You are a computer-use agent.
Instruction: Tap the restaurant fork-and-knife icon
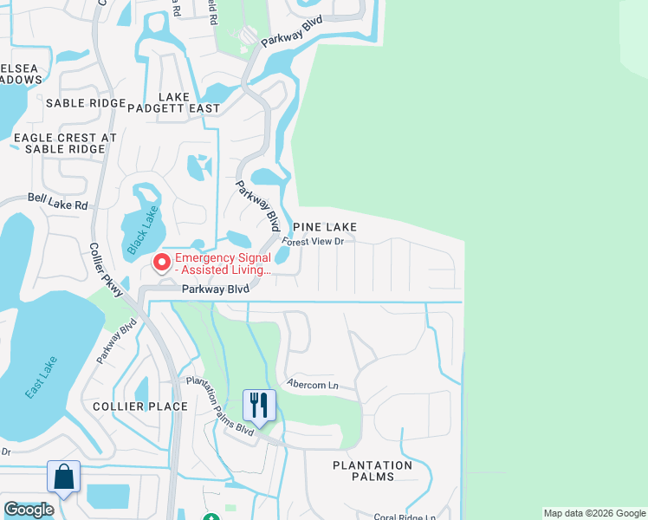(x=258, y=405)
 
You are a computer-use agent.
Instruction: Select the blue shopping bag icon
(x=63, y=477)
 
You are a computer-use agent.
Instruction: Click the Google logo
(x=29, y=510)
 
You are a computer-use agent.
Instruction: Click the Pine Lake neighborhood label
(x=324, y=226)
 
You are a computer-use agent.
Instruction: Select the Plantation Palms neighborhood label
(x=373, y=471)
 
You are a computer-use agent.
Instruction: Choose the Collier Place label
(x=139, y=406)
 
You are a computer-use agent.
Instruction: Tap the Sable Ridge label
(x=86, y=103)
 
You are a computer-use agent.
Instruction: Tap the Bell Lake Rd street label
(x=57, y=205)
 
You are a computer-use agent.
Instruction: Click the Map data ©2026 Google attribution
(x=593, y=513)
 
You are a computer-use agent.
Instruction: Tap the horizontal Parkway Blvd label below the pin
(x=215, y=289)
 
